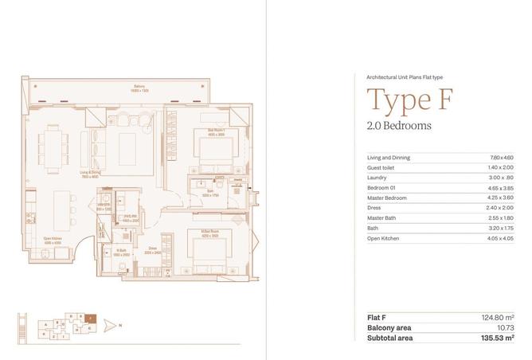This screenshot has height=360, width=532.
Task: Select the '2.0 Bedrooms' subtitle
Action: pos(400,126)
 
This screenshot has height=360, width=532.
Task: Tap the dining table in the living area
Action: pos(57,146)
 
